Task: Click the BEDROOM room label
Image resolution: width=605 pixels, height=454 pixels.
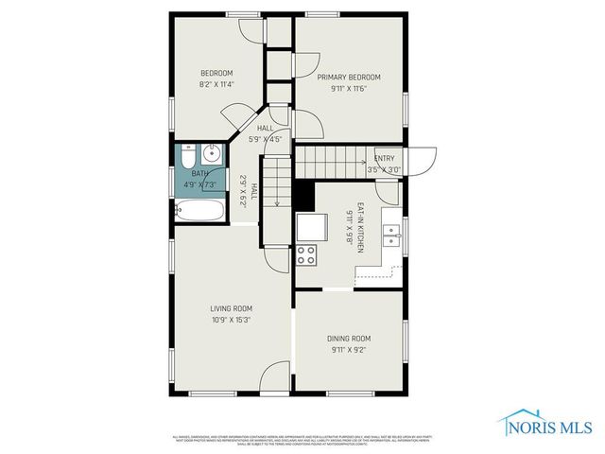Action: (x=216, y=73)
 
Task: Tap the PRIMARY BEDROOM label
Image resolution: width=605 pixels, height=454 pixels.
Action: (x=349, y=78)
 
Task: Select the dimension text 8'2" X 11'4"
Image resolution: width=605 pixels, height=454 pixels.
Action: (x=216, y=84)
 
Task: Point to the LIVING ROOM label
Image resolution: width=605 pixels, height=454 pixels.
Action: (x=231, y=308)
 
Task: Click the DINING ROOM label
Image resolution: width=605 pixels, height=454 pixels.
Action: (x=349, y=339)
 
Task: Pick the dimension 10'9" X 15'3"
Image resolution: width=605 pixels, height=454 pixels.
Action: (x=231, y=321)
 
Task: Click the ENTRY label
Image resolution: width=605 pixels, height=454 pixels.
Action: (x=386, y=159)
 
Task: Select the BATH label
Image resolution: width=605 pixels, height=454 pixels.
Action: (x=199, y=174)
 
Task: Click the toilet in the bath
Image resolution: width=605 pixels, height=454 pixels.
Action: (x=186, y=151)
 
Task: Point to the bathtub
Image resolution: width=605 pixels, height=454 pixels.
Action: (x=199, y=209)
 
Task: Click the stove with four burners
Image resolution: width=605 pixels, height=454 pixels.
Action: (x=307, y=253)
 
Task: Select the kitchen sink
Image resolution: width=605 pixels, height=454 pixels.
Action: (x=390, y=235)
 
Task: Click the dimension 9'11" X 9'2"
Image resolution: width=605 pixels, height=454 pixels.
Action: (x=349, y=350)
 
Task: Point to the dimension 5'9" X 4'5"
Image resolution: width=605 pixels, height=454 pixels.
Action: (x=265, y=140)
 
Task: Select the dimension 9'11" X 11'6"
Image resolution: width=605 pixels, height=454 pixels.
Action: (x=349, y=89)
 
